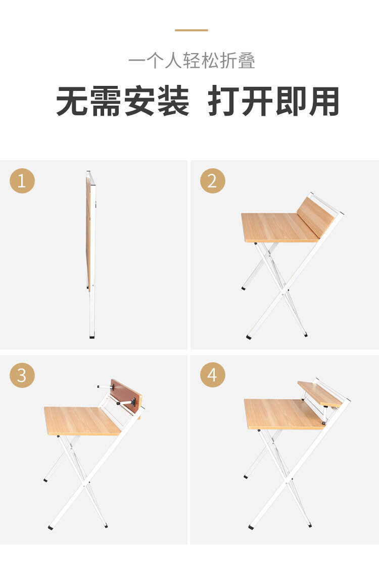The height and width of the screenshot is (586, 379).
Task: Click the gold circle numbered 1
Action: pos(22,181)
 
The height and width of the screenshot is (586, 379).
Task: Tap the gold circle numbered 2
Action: pos(212,181)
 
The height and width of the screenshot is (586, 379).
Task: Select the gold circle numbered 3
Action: pos(22,375)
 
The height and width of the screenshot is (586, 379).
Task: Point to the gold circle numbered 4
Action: pos(212,375)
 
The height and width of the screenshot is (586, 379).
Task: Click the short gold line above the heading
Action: pos(192,30)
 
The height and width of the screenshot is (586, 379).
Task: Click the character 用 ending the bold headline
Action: pos(324,101)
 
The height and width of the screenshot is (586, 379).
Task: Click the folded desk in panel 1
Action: pos(91,254)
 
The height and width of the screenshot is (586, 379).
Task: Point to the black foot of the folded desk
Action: pos(92,337)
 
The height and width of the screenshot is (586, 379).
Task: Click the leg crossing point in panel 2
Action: pos(283,289)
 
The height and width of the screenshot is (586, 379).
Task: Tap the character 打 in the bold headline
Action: pos(223,101)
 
